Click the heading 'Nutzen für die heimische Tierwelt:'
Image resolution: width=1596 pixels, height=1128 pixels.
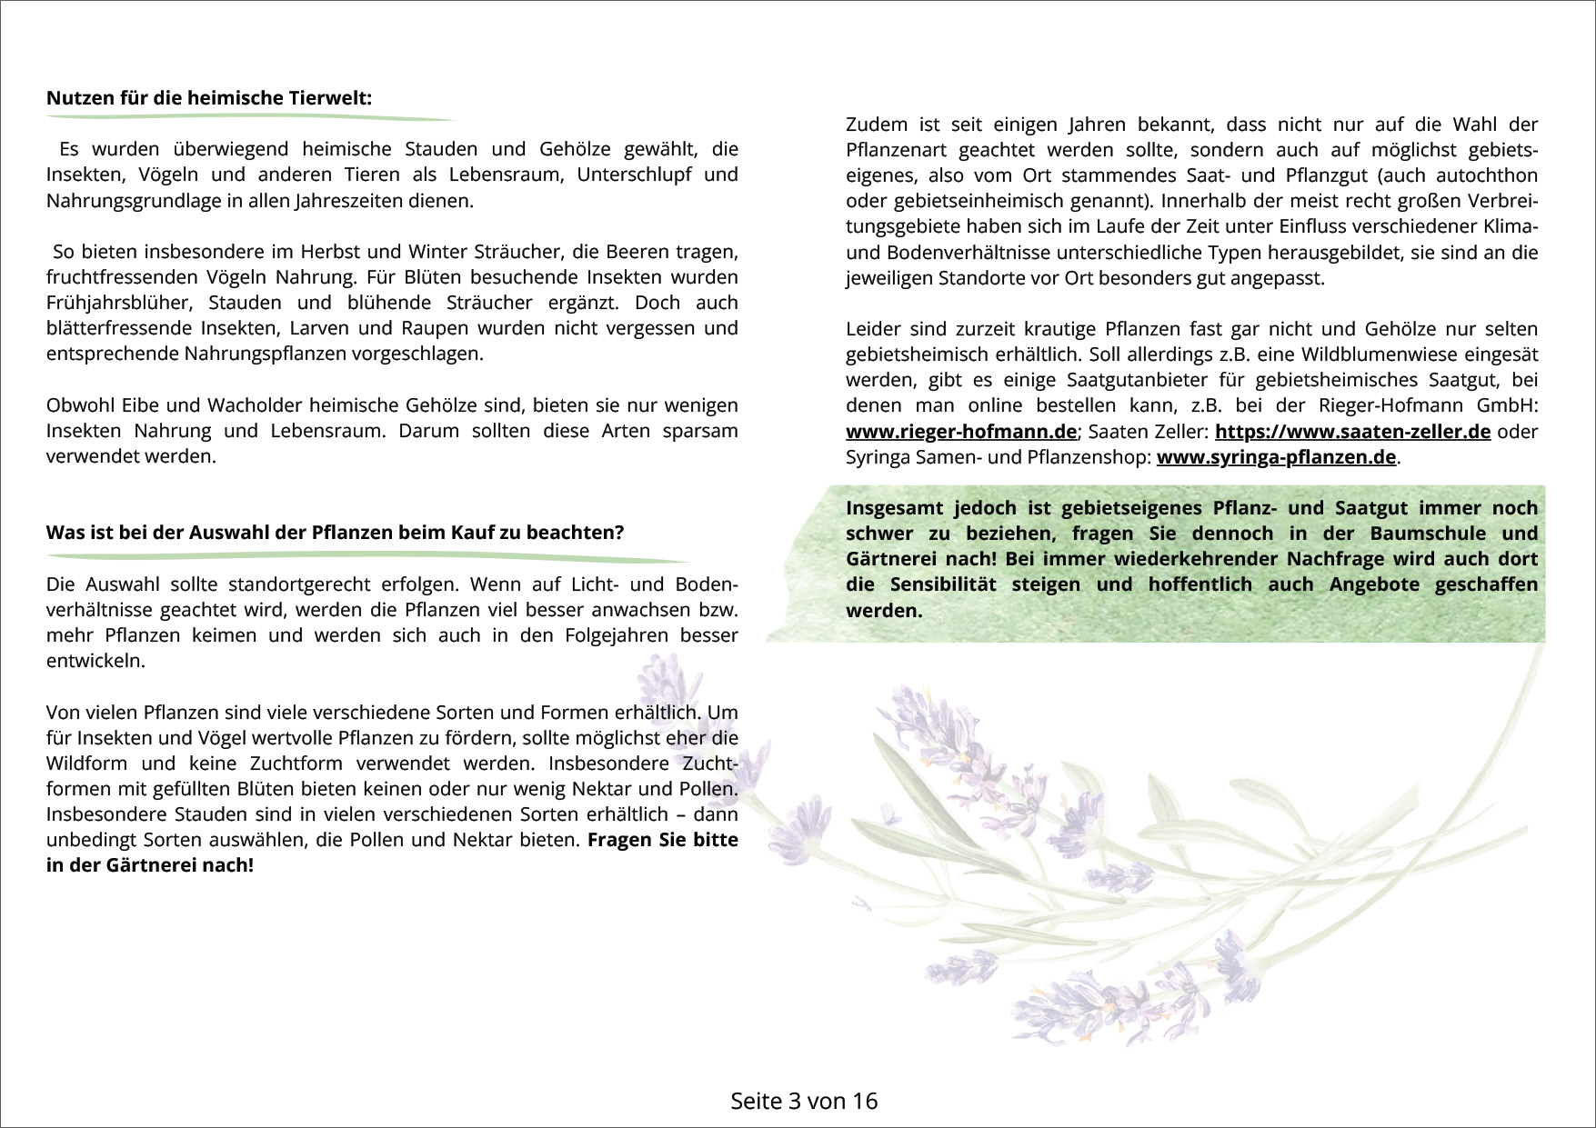point(209,98)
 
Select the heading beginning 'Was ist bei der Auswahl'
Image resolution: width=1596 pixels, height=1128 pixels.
point(335,533)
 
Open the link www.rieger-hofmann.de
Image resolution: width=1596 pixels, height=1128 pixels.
point(960,432)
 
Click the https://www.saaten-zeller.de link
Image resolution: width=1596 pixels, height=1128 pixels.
point(1352,432)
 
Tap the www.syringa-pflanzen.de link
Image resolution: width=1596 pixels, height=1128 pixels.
point(1276,457)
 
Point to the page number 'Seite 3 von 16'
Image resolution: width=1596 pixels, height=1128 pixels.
point(804,1101)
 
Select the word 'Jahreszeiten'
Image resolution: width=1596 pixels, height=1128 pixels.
point(349,201)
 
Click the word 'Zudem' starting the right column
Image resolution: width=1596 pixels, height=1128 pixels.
point(876,125)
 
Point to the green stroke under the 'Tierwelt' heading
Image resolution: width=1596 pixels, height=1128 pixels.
point(250,119)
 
